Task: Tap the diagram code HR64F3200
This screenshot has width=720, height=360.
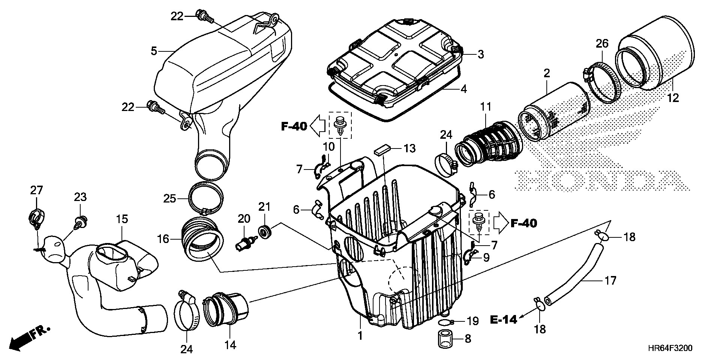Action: [x=669, y=348]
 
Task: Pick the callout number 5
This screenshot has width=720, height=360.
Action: [x=154, y=51]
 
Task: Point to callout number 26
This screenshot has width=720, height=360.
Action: [x=602, y=44]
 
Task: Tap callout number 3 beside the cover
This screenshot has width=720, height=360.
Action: [x=480, y=54]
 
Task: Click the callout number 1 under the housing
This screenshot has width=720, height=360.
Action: [x=360, y=335]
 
